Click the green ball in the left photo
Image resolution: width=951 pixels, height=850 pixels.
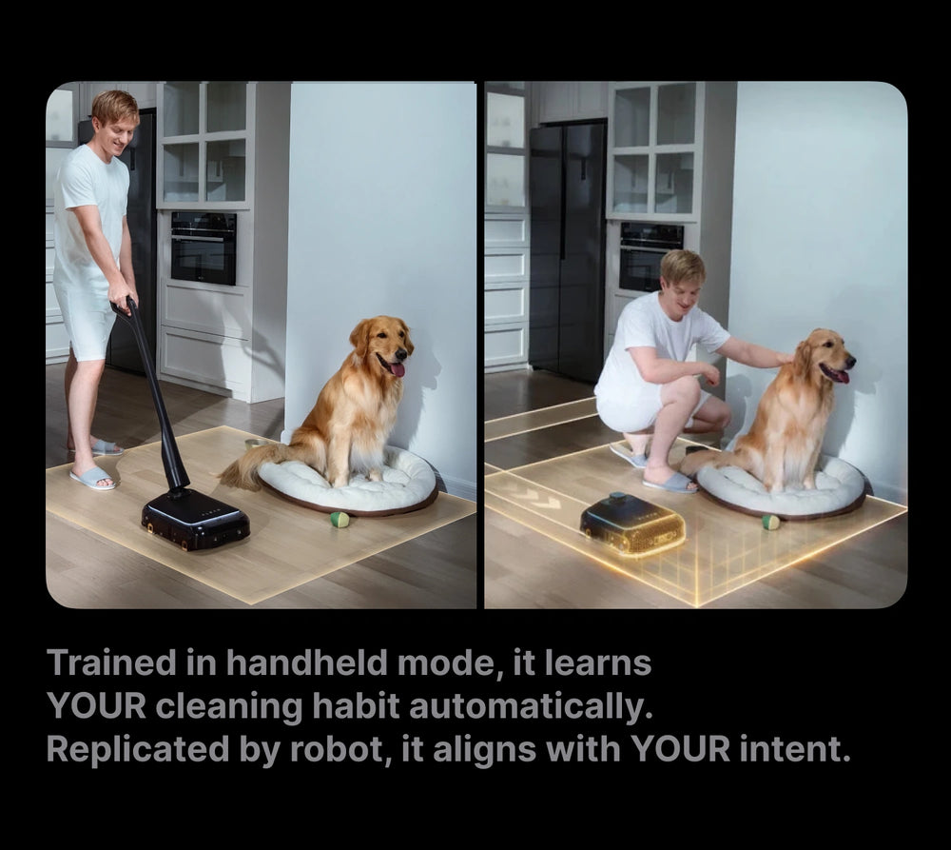pos(340,519)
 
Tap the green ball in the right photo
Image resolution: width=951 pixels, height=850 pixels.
pos(770,523)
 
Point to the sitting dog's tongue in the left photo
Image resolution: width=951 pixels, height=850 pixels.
pos(398,368)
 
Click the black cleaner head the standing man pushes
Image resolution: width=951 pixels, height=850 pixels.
pos(195,520)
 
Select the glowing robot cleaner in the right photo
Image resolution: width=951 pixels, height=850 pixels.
pos(632,524)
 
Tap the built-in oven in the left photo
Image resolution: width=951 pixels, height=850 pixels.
pos(204,247)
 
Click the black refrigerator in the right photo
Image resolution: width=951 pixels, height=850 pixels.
pos(567,250)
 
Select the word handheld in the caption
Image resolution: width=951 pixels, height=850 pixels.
pos(306,662)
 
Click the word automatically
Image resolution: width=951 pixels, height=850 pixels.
pos(531,706)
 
